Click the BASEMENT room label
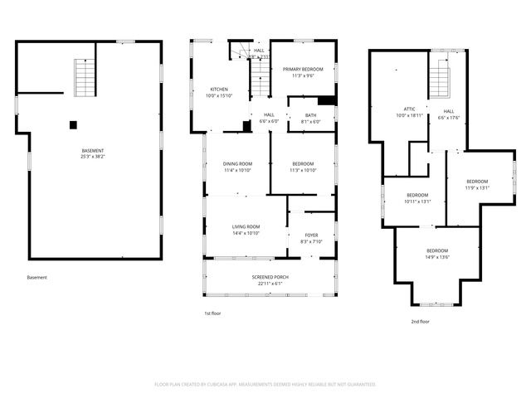[x=92, y=150]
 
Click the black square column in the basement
[x=73, y=124]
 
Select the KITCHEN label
[x=219, y=89]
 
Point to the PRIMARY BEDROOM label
[x=303, y=69]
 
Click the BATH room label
[x=310, y=115]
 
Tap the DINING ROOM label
[x=237, y=163]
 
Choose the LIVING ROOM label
[x=246, y=226]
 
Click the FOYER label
[x=310, y=235]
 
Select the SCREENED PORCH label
[x=270, y=276]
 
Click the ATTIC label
[x=409, y=109]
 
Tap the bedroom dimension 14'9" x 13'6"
[x=437, y=257]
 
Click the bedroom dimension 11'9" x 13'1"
[x=477, y=187]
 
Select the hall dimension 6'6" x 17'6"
[x=448, y=118]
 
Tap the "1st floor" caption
[x=213, y=313]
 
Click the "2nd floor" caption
[x=420, y=321]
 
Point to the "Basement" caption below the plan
[x=37, y=278]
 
